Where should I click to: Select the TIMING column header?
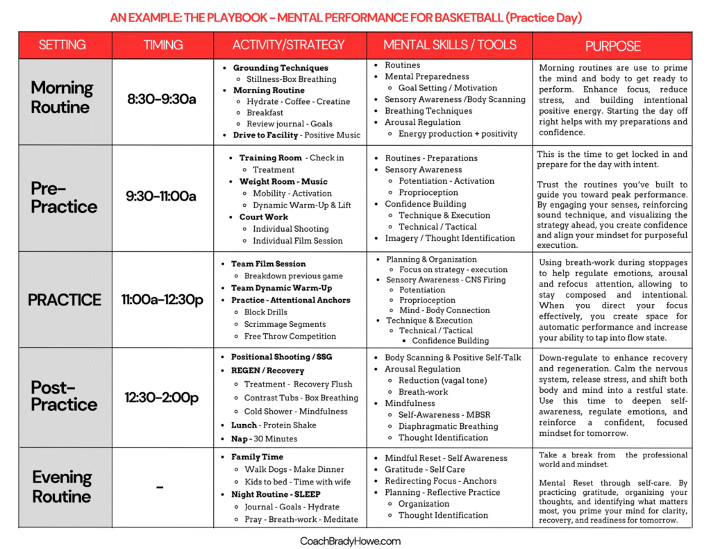163,46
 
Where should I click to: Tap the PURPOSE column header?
612,47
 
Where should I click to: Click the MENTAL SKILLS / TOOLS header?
449,46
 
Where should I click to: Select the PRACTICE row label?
65,300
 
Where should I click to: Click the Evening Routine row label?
62,487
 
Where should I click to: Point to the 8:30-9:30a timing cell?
161,99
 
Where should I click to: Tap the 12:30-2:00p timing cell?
162,398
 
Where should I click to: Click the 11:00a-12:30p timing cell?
162,300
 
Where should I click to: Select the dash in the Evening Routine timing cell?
160,488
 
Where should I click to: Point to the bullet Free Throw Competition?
290,336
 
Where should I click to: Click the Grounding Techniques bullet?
280,68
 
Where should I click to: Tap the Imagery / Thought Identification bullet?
450,238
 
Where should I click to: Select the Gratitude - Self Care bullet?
425,469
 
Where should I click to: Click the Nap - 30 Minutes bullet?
264,439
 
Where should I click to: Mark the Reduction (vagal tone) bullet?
442,380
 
